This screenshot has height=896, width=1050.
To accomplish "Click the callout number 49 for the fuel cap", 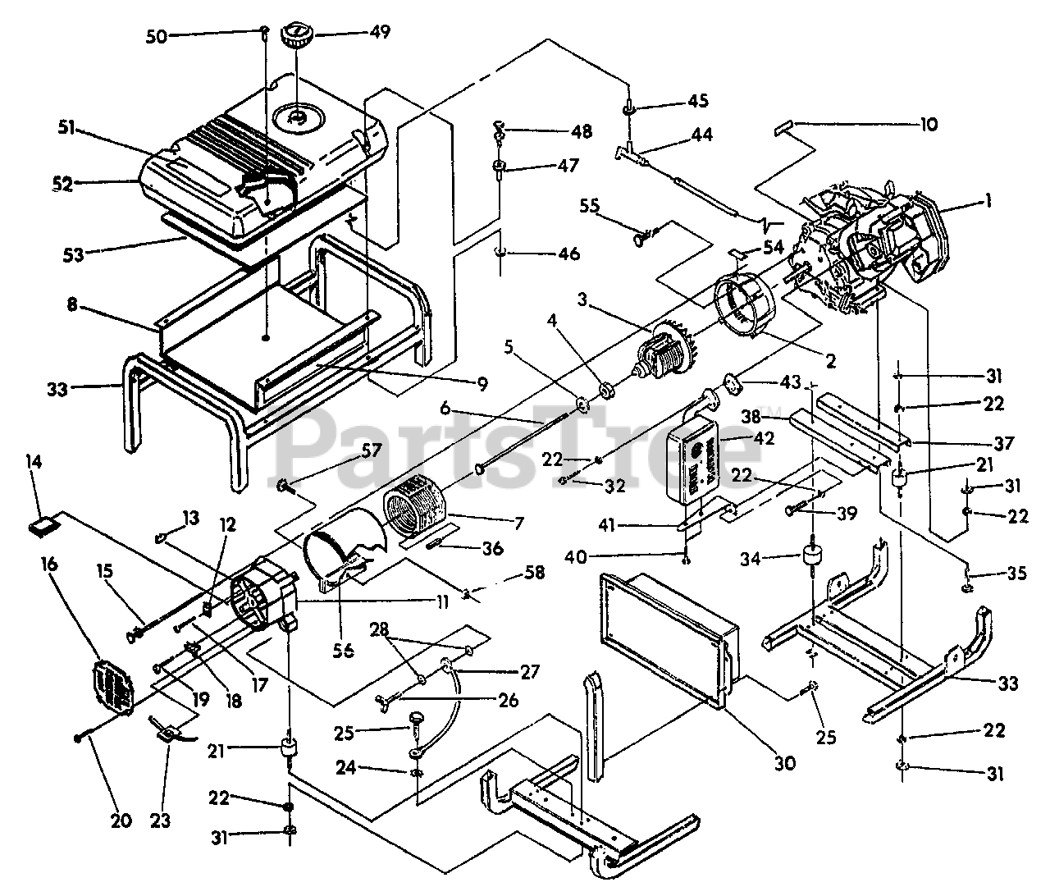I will (379, 32).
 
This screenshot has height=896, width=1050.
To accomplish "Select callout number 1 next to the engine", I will (988, 200).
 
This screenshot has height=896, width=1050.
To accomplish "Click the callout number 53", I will (74, 254).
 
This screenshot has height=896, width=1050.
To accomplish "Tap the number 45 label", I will (698, 101).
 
